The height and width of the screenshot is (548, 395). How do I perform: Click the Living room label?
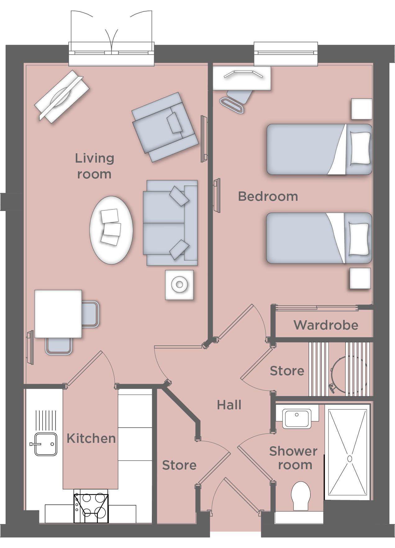[x=94, y=166]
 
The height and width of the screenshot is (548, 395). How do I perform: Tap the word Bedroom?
[x=268, y=196]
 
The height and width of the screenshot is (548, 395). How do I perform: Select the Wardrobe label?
[x=326, y=325]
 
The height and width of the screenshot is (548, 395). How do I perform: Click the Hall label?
[x=229, y=405]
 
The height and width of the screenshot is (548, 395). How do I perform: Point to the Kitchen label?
[x=91, y=438]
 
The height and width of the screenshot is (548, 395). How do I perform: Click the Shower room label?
[x=293, y=458]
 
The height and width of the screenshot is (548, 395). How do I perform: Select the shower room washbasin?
[x=297, y=419]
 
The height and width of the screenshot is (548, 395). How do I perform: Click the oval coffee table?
[x=111, y=230]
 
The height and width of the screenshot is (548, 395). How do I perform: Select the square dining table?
[x=58, y=314]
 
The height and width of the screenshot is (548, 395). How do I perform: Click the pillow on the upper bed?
[x=360, y=148]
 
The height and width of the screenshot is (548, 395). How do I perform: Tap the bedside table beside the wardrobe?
[x=360, y=278]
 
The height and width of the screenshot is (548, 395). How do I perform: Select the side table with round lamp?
[x=179, y=285]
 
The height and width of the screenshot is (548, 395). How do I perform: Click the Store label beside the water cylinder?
[x=287, y=371]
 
